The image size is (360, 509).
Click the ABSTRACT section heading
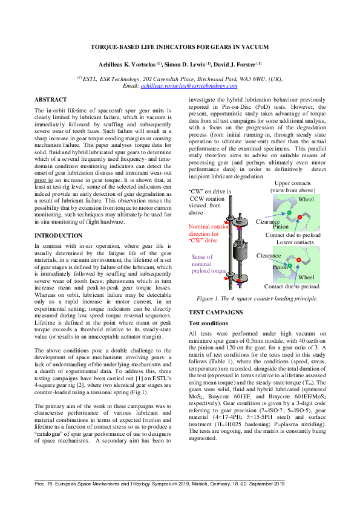(x=51, y=99)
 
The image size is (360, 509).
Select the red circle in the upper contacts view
(x=299, y=216)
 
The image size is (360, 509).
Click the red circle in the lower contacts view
(x=298, y=261)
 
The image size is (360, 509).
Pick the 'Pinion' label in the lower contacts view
(x=280, y=267)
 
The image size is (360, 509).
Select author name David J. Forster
(x=240, y=64)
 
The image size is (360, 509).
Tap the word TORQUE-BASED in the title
(x=112, y=47)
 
